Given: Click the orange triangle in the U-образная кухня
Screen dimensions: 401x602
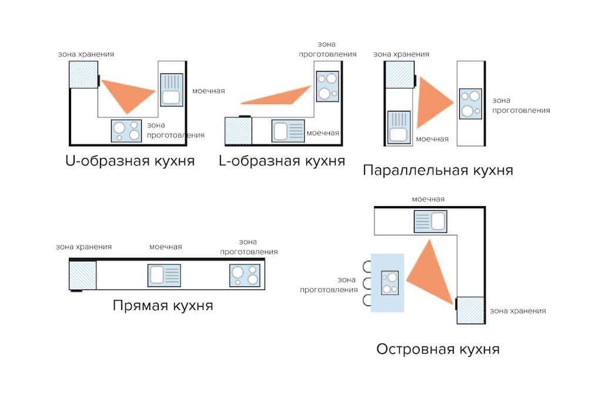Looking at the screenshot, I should [128, 94].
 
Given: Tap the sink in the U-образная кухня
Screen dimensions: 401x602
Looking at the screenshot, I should [172, 89].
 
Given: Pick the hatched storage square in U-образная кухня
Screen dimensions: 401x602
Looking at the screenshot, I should [83, 75].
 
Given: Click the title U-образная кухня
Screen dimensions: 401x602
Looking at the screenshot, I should [130, 160].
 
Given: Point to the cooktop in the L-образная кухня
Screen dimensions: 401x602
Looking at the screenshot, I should [327, 86].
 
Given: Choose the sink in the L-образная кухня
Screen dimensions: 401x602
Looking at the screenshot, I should [288, 130].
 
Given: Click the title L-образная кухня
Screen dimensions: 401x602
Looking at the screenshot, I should [282, 160].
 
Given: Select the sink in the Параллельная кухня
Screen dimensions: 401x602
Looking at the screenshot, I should [399, 127].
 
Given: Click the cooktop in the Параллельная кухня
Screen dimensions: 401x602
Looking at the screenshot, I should [470, 103].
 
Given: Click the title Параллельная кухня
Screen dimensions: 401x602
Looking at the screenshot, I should [437, 170].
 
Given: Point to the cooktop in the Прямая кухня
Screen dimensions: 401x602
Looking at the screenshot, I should [245, 275].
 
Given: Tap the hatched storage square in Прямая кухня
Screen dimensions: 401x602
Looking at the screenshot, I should [82, 275].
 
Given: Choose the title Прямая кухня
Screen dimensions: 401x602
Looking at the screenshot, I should [163, 306].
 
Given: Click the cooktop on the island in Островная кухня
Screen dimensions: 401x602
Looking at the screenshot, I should [390, 282].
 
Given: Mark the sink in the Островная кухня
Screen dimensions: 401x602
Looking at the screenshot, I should [430, 222].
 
